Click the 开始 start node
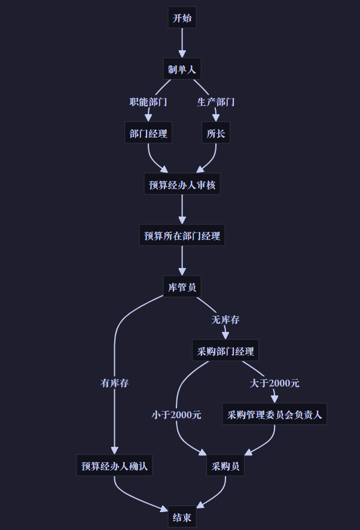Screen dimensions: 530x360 182,18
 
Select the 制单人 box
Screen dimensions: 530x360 182,69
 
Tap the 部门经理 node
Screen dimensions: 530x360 148,133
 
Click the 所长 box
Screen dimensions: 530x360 215,133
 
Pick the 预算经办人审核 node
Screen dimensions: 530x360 182,185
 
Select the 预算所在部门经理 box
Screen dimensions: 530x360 182,236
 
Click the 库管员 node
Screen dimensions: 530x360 182,287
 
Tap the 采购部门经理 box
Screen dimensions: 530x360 225,351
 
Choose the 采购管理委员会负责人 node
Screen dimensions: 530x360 274,414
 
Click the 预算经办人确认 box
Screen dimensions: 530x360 114,465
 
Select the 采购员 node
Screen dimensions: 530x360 225,465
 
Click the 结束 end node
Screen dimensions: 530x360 182,517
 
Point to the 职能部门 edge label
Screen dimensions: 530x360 148,102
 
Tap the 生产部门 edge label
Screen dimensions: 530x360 215,102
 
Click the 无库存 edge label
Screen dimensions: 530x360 225,319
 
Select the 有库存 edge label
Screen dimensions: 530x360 114,383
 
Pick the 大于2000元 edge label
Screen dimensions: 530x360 274,383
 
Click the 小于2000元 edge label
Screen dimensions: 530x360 176,415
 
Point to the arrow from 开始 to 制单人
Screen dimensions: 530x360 182,43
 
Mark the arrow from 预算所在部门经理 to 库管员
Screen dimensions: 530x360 182,261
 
